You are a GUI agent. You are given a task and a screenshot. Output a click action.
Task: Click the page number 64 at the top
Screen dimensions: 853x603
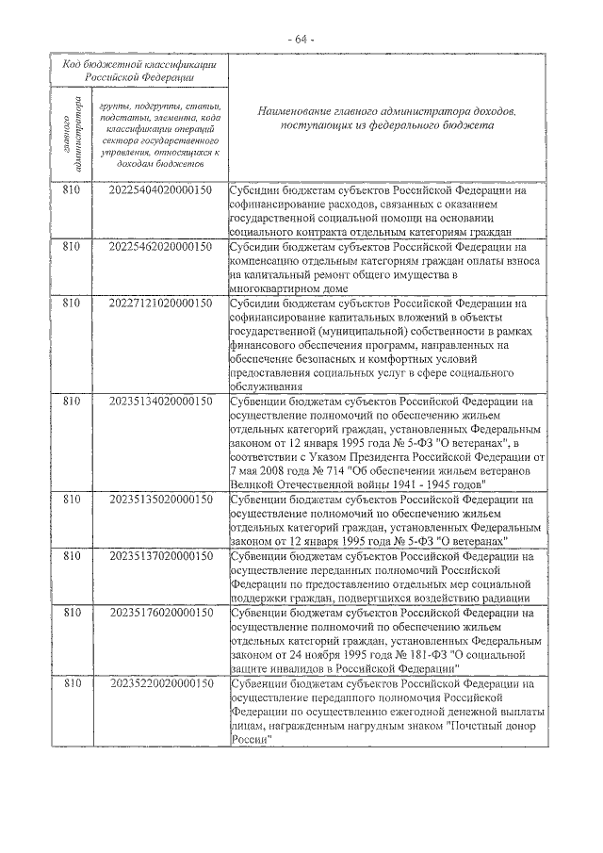point(301,39)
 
